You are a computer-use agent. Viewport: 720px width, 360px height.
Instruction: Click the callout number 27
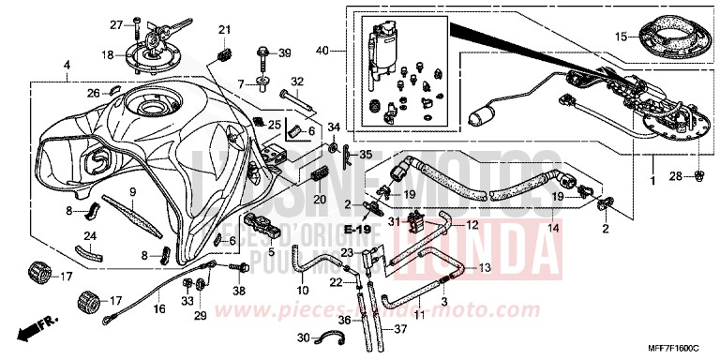pos(116,23)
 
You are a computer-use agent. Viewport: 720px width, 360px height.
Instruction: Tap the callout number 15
pos(620,37)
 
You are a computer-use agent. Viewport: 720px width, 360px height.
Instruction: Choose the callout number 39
pos(285,52)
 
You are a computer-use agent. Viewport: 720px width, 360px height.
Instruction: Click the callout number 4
pos(67,65)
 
